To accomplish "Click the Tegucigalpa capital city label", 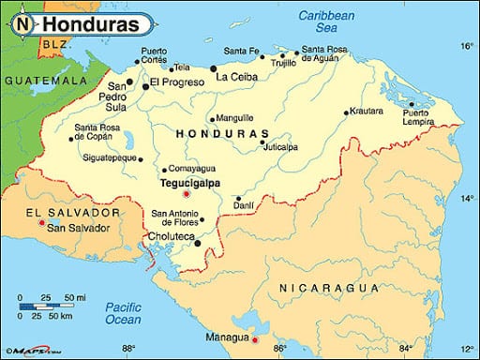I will point(190,183).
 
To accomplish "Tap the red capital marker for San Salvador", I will point(39,225).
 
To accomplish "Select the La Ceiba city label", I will point(236,77).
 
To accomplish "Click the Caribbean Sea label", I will point(327,22).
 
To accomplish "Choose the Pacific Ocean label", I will point(123,313).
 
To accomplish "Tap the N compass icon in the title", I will point(21,21).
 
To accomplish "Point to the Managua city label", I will point(229,337).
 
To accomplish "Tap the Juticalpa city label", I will point(280,147).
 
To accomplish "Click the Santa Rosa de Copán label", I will point(97,132).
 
